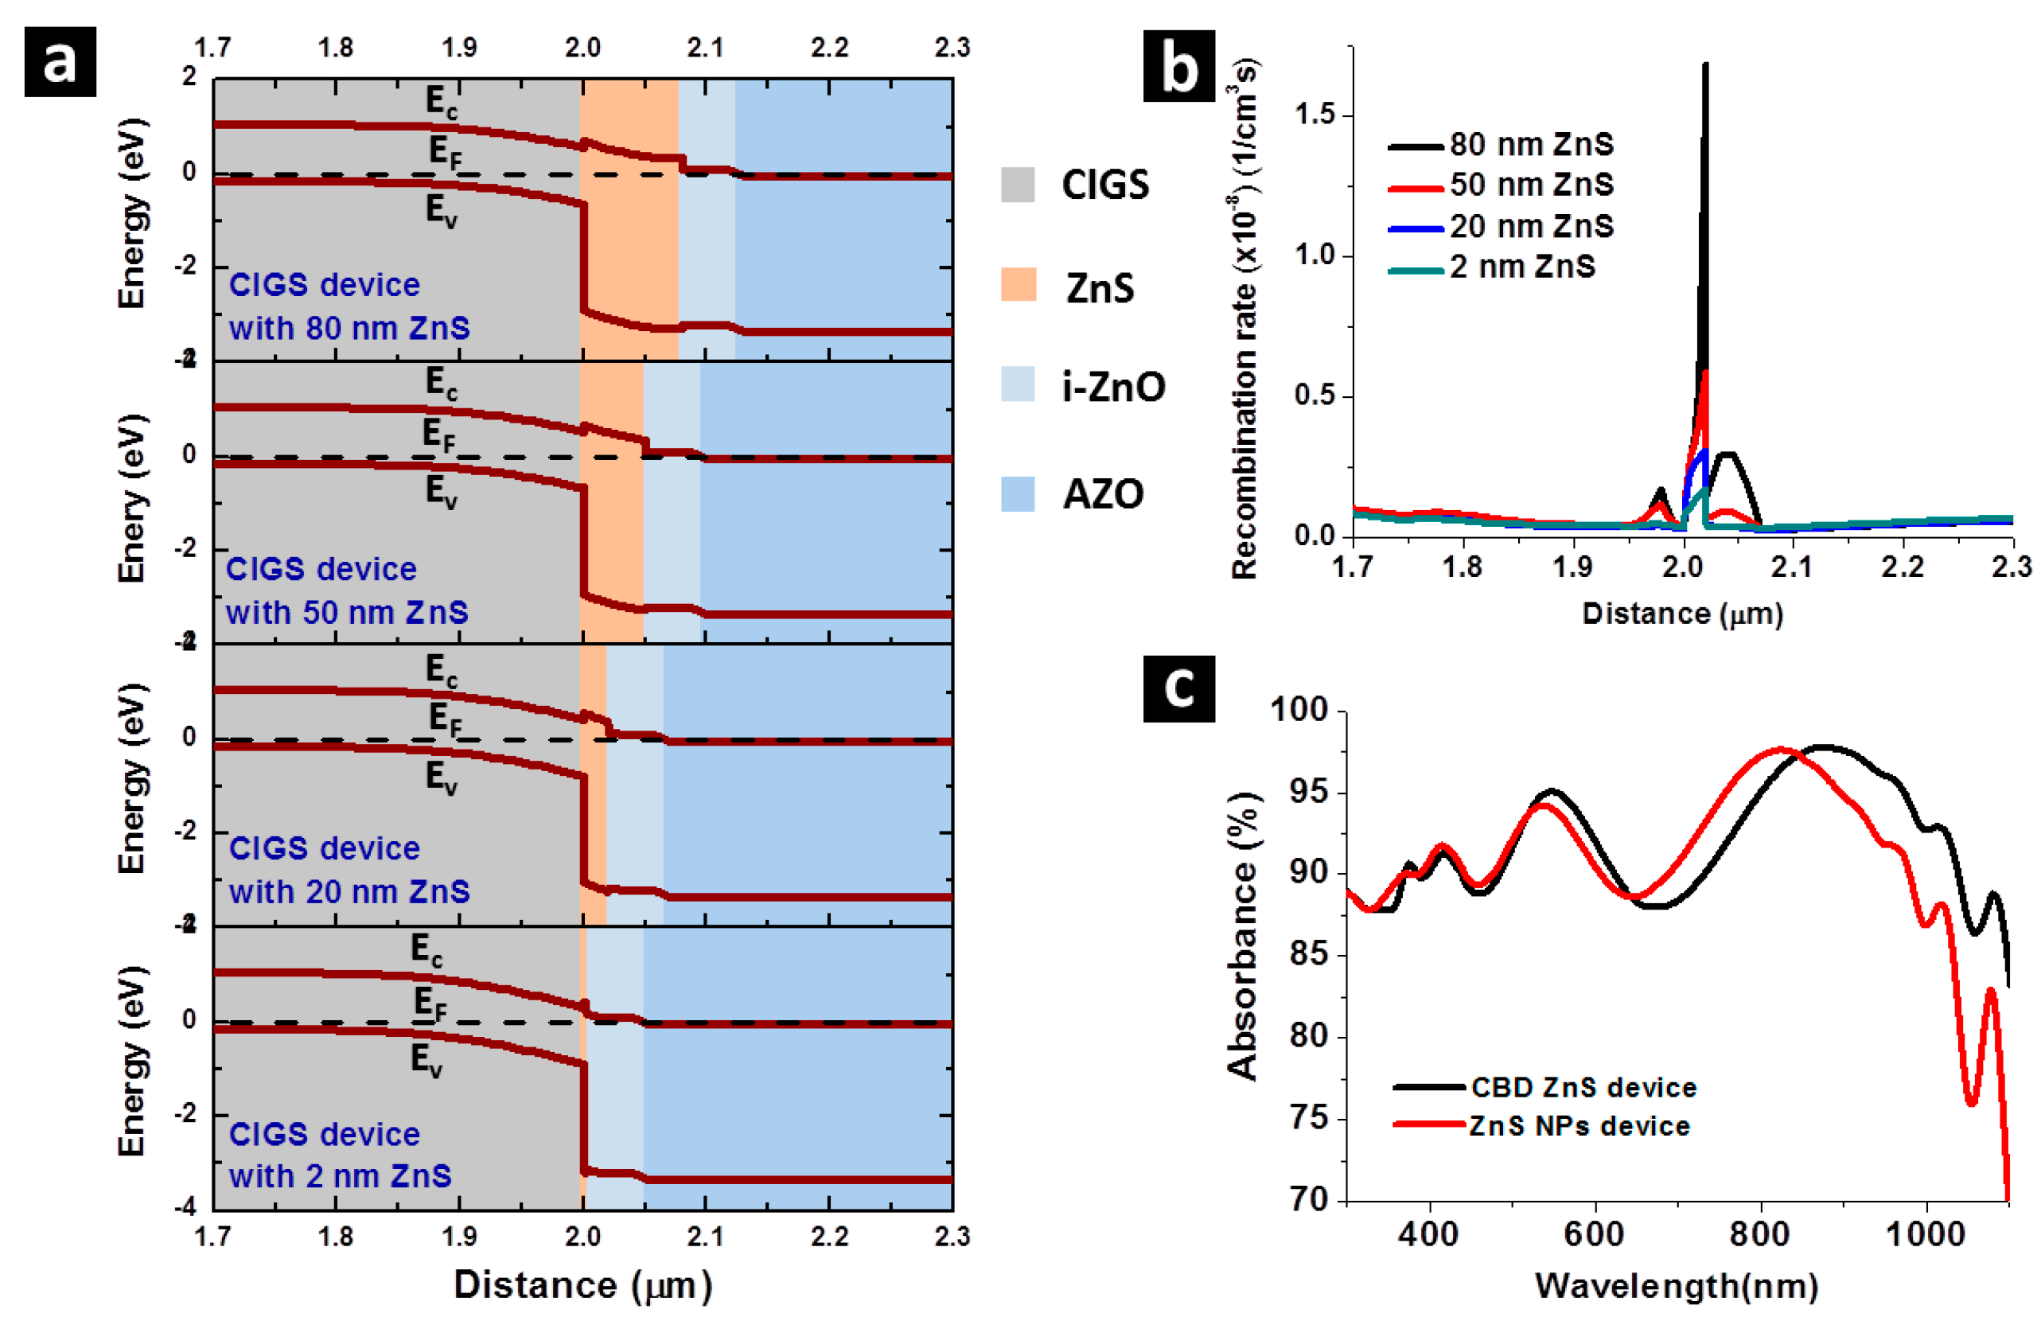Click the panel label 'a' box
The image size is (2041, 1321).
click(x=59, y=62)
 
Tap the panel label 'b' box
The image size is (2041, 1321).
click(x=1179, y=67)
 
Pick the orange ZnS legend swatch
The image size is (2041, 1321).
click(x=1018, y=285)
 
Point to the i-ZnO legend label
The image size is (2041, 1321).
click(x=1113, y=387)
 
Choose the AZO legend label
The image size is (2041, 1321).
click(x=1104, y=494)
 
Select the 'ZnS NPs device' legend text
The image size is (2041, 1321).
click(x=1579, y=1125)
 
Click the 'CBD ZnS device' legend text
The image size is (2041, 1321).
click(x=1583, y=1088)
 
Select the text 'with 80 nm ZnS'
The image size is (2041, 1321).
click(x=349, y=329)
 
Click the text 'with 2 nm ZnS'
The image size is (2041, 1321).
click(x=340, y=1176)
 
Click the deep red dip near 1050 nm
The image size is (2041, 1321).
click(x=1971, y=1103)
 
